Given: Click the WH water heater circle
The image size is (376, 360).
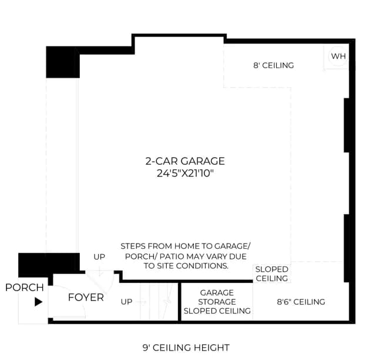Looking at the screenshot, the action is point(338,56).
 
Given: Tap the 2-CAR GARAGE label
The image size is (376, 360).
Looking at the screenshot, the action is point(185,161).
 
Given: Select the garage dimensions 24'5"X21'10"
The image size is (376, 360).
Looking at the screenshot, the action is point(185,173).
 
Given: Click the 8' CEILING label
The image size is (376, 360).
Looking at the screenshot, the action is point(273,65).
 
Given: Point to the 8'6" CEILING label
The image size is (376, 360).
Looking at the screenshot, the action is point(301,302).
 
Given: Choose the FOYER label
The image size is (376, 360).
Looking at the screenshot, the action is point(86,297).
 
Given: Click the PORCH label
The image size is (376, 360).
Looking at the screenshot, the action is point(25,288).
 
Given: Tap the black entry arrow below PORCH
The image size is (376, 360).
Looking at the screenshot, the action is point(38,302).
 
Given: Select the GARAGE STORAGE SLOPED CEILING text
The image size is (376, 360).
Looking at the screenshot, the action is point(217,302).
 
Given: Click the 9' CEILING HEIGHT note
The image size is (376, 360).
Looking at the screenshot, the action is point(186,348).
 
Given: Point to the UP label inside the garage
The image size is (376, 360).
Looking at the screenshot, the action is point(99,256).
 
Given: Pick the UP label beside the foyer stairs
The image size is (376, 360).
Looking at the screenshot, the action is point(126,302).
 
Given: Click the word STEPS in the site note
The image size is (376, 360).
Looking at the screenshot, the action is point(133,246).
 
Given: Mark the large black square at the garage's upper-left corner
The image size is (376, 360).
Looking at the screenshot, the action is point(63,62).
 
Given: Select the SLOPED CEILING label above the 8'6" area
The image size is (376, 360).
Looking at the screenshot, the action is point(271,274).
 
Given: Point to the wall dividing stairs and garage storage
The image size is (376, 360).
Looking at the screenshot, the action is point(179,301).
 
